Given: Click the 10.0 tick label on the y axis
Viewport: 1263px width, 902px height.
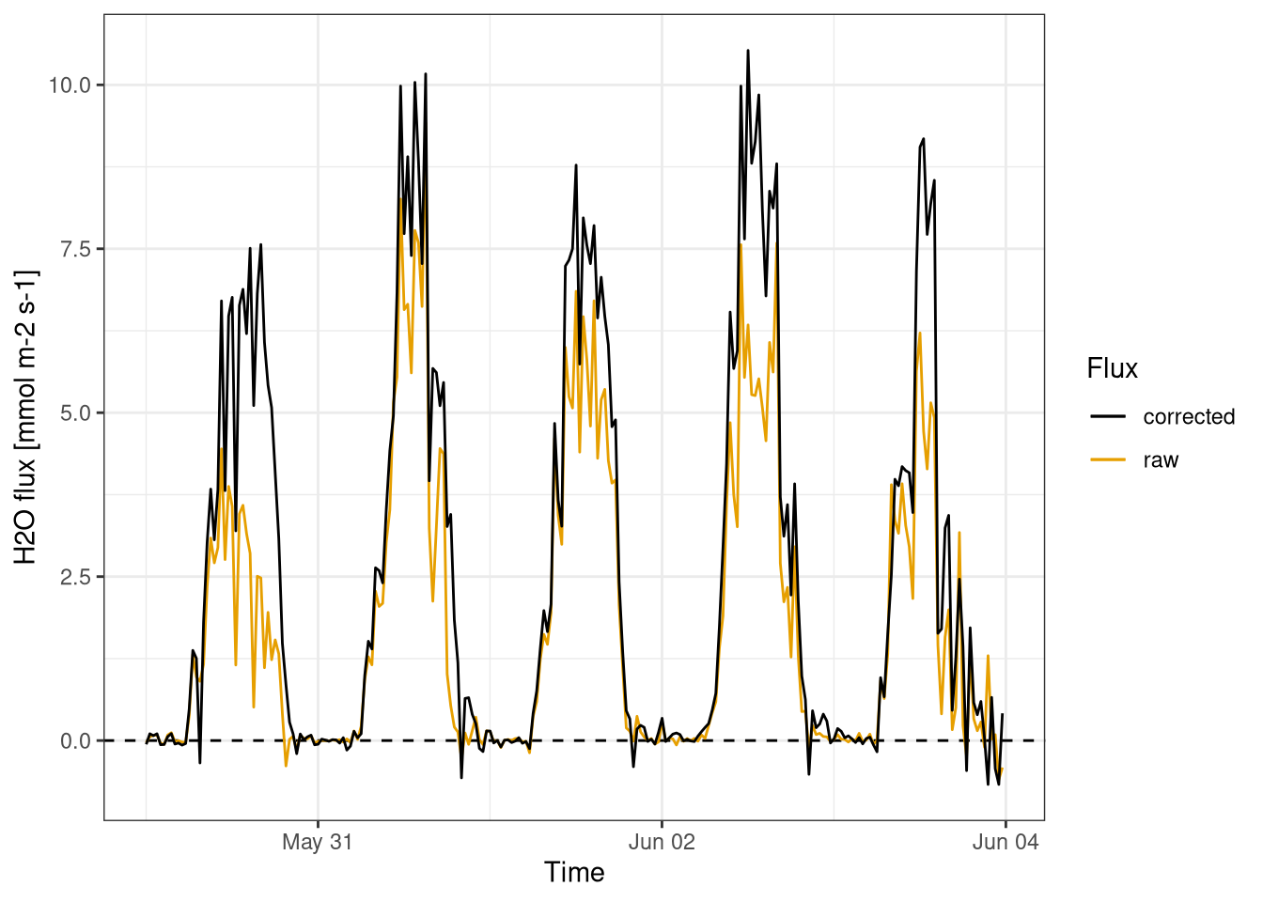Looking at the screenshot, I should click(70, 86).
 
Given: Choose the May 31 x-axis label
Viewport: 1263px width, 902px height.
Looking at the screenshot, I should click(318, 842).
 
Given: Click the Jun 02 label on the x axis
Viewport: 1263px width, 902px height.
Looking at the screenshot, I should click(662, 842).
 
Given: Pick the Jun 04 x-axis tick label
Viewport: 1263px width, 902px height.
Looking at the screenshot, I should click(1006, 842).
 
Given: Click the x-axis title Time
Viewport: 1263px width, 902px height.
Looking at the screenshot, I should click(574, 873).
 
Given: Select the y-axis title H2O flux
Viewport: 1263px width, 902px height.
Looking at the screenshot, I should click(26, 417).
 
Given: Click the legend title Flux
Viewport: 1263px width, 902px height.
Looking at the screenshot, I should click(1112, 368).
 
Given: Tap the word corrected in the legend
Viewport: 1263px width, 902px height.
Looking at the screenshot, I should click(1189, 417).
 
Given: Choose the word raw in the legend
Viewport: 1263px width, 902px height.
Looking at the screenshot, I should click(1161, 460).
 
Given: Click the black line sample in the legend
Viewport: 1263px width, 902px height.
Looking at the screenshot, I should click(1108, 417).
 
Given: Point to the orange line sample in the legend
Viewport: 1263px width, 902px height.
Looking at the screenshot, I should click(1108, 460).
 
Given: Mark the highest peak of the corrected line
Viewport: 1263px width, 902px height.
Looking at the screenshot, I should click(748, 51).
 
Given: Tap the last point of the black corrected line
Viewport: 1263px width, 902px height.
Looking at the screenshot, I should click(1003, 714).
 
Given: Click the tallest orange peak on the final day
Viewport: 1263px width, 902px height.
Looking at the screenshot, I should click(920, 333).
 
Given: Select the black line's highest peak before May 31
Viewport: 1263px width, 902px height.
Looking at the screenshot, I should click(260, 244).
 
